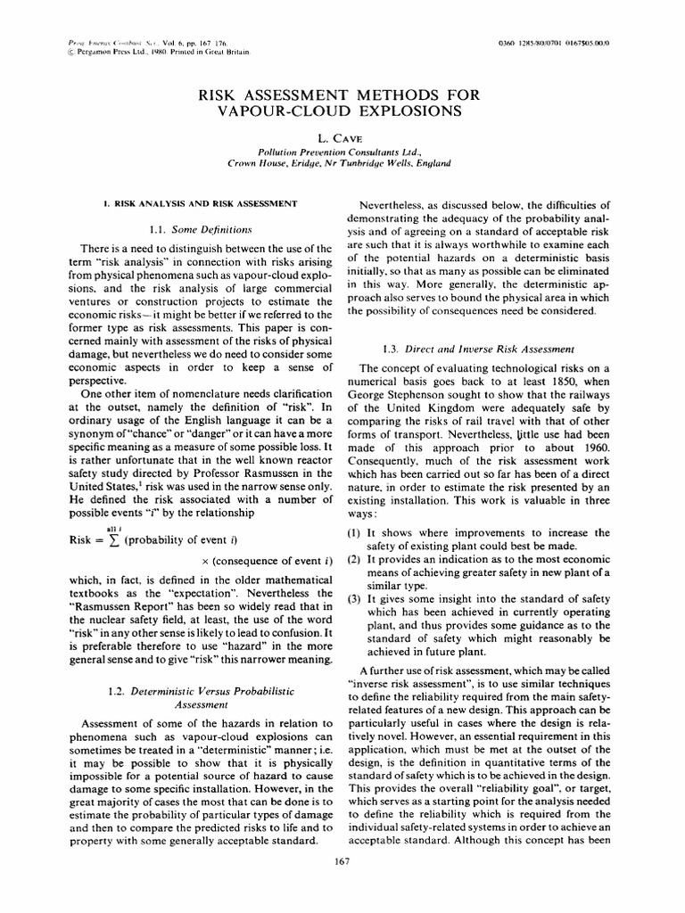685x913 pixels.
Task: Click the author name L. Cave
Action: click(342, 140)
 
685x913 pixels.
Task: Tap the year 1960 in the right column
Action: click(594, 423)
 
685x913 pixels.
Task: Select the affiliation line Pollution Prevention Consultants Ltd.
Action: click(342, 152)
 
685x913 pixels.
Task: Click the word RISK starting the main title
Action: click(236, 94)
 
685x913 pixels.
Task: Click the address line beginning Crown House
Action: click(342, 164)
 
